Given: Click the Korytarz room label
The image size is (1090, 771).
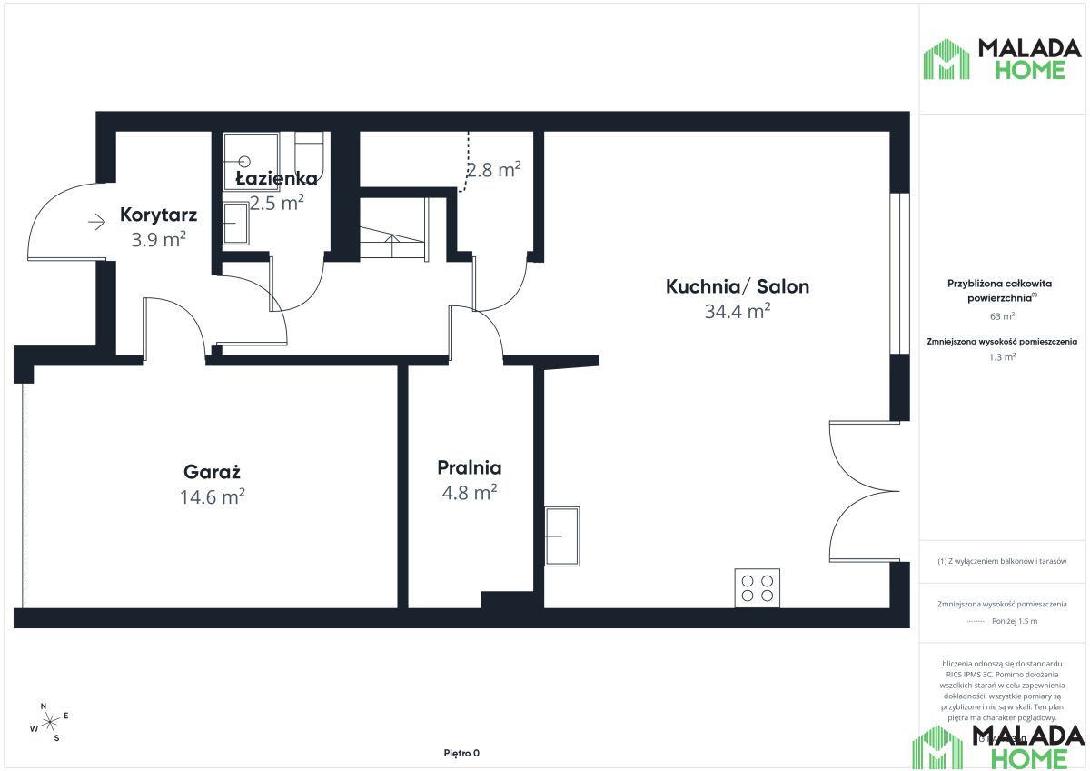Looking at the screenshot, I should click(x=158, y=216).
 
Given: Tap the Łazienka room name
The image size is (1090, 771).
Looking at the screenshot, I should click(x=276, y=178).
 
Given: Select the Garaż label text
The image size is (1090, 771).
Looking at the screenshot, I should click(x=212, y=473).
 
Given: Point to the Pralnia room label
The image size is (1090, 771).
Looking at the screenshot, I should click(x=469, y=468).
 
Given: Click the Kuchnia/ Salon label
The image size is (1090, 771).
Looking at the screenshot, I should click(x=737, y=287).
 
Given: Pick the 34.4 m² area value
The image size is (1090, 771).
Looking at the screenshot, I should click(x=737, y=312).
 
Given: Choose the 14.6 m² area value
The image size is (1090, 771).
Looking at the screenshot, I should click(x=212, y=497).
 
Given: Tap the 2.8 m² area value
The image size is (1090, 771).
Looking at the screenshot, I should click(x=493, y=169).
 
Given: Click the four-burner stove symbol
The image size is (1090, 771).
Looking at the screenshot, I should click(x=757, y=588).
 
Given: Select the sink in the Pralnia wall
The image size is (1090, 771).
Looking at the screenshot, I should click(x=561, y=536).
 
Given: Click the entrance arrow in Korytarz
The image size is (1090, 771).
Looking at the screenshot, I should click(x=97, y=220).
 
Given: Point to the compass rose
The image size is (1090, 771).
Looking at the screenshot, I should click(x=49, y=720).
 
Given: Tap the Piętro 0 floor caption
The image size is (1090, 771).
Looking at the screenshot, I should click(x=461, y=753).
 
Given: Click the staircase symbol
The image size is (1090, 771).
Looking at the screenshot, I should click(x=392, y=238).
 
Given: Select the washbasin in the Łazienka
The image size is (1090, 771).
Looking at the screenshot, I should click(x=236, y=224).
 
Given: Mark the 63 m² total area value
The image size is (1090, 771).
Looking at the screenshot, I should click(x=1002, y=317).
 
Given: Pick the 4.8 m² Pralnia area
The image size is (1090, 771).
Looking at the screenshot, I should click(x=469, y=493).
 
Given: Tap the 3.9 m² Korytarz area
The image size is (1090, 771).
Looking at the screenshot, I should click(x=158, y=240).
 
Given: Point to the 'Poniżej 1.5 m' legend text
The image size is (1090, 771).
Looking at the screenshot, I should click(x=1016, y=621).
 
